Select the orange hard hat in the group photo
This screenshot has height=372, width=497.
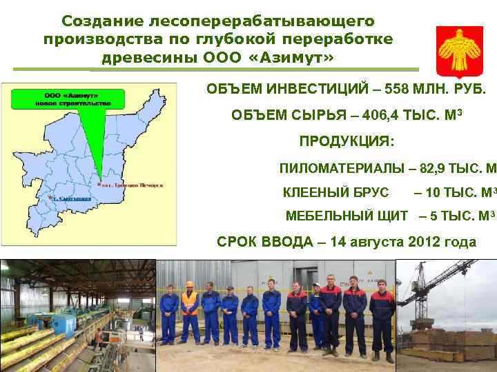pos(188,284)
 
